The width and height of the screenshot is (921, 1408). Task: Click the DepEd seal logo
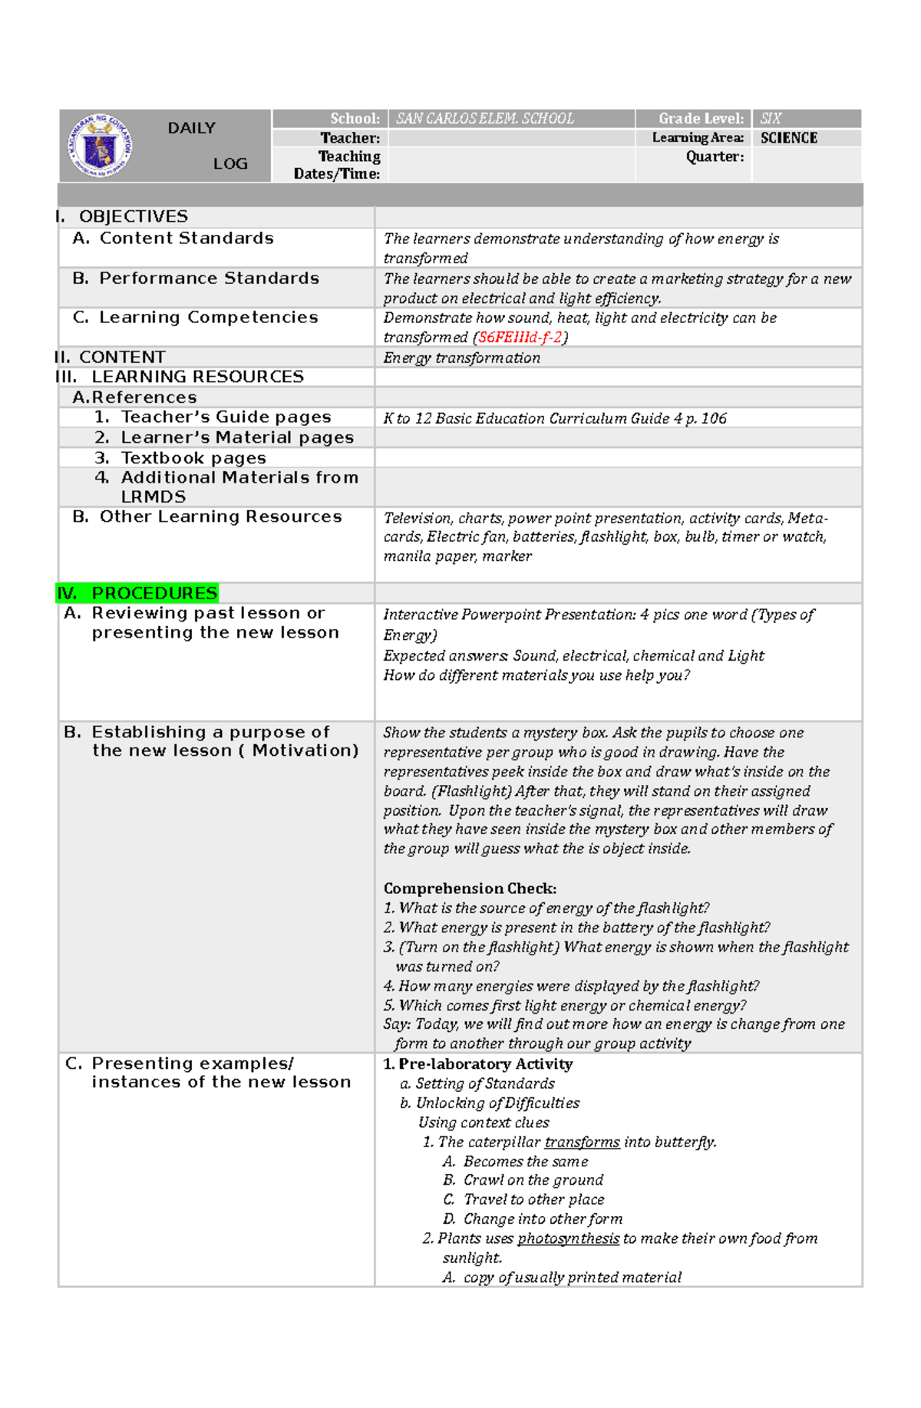(x=100, y=145)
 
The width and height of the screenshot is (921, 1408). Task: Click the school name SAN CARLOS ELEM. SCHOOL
(x=484, y=119)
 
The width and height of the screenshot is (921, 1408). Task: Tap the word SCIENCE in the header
(x=788, y=138)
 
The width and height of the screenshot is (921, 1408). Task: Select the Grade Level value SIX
(x=770, y=119)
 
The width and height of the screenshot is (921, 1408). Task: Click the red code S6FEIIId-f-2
(x=520, y=338)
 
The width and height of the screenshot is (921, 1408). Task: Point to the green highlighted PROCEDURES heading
(x=138, y=593)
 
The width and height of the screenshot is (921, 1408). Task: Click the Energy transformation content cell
(x=461, y=358)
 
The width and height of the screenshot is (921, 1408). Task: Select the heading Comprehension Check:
(x=470, y=889)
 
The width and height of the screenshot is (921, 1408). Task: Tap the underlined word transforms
(x=582, y=1142)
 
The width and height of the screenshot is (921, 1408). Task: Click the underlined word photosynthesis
(x=568, y=1238)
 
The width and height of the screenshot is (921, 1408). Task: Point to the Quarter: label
(x=715, y=157)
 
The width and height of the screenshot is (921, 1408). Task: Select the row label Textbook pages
(x=193, y=458)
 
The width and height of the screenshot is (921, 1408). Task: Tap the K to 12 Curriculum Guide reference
(x=554, y=418)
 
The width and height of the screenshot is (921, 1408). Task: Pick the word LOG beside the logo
(x=230, y=163)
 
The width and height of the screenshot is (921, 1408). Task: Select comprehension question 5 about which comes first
(x=564, y=1005)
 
